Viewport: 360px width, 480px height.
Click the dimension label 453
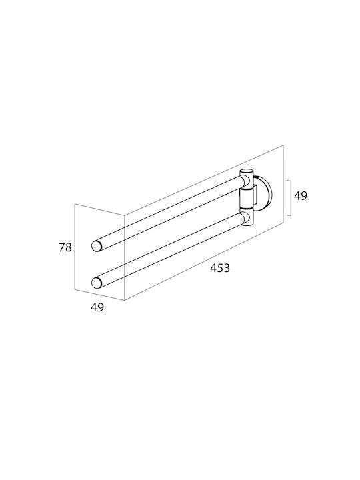click(x=220, y=268)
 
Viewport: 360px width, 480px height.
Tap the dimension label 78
click(x=65, y=247)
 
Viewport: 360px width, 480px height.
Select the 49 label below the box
click(x=97, y=307)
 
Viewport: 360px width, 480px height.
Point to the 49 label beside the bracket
click(x=300, y=195)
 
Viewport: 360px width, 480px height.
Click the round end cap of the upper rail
click(x=97, y=246)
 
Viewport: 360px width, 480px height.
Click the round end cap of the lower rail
click(x=97, y=283)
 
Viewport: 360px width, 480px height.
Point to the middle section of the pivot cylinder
click(x=247, y=198)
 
